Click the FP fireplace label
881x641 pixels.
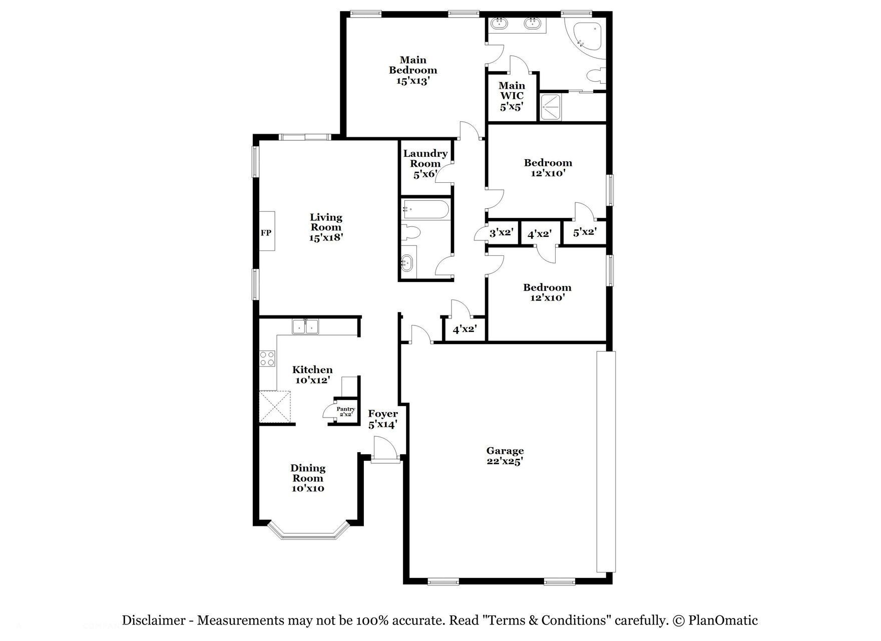click(x=266, y=232)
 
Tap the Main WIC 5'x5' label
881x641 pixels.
click(x=512, y=96)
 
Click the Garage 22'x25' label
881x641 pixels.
click(x=505, y=456)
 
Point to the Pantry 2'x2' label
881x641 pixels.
click(x=345, y=412)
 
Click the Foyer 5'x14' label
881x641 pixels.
click(x=383, y=419)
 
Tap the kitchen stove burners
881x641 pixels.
click(x=267, y=359)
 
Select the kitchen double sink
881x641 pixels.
click(x=306, y=327)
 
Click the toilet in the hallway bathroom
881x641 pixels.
click(x=411, y=233)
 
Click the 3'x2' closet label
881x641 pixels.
click(x=502, y=233)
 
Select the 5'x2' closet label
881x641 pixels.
click(x=585, y=233)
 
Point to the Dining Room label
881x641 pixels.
click(x=308, y=478)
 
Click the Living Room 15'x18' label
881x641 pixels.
click(x=326, y=227)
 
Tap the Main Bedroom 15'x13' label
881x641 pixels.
click(x=413, y=70)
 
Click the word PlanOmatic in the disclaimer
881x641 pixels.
click(x=723, y=620)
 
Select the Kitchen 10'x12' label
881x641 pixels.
click(x=312, y=375)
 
